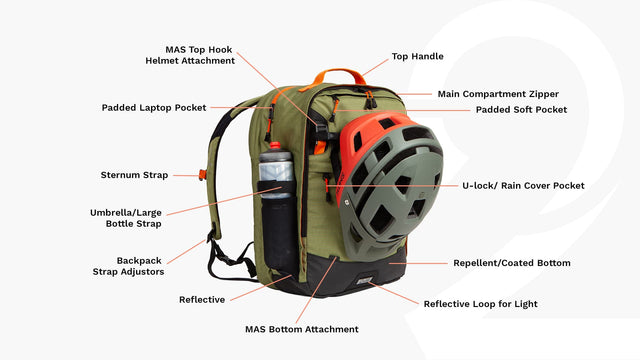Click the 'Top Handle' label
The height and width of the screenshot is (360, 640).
click(x=418, y=56)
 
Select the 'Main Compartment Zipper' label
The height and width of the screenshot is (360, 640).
click(x=498, y=94)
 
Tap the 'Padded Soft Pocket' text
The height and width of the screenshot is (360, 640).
click(x=521, y=109)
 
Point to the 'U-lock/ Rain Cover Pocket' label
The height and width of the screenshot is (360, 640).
click(x=523, y=186)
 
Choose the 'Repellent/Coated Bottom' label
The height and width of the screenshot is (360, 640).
click(x=512, y=263)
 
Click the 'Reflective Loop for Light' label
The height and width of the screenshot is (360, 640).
click(x=480, y=304)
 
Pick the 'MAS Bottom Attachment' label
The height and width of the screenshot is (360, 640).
click(x=302, y=329)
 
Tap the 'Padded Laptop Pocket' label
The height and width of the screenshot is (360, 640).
click(x=154, y=108)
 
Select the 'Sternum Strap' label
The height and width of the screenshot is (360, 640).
click(x=134, y=175)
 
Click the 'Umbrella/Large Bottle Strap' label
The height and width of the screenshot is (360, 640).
click(x=126, y=218)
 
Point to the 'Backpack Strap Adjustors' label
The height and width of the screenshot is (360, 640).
click(x=128, y=266)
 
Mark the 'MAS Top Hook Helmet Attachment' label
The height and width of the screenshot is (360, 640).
click(x=190, y=55)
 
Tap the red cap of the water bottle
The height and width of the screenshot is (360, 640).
click(x=275, y=145)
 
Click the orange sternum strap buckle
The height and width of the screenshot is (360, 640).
click(x=202, y=175)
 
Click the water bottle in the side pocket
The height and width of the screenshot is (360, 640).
click(x=276, y=171)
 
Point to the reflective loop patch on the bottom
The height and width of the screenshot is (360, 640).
click(x=364, y=280)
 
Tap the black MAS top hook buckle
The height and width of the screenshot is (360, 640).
click(x=321, y=131)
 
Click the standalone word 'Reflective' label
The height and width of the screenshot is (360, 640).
click(x=202, y=300)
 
